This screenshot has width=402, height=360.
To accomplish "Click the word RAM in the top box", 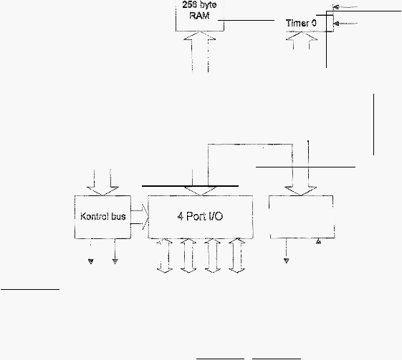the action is (x=199, y=15).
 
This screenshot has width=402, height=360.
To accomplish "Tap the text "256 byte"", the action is (x=199, y=5).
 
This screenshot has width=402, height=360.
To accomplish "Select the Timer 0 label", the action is (x=301, y=23).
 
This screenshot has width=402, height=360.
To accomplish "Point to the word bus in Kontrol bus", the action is (x=118, y=217).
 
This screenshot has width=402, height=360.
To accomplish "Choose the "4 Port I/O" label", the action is (x=200, y=216).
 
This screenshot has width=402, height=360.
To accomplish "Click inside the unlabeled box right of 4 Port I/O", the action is (x=302, y=217).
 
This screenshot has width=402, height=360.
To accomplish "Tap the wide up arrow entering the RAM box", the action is (x=200, y=52).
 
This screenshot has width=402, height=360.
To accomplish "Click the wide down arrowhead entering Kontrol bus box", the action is (x=102, y=191).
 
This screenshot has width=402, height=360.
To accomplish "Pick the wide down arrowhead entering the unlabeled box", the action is (x=300, y=191).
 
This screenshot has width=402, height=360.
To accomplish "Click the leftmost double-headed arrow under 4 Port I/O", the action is (x=165, y=256).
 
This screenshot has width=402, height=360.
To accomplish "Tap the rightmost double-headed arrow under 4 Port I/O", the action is (x=237, y=256).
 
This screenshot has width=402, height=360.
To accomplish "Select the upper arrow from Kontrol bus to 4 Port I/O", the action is (x=140, y=210).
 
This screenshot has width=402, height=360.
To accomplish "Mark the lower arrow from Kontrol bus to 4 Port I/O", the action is (x=140, y=224).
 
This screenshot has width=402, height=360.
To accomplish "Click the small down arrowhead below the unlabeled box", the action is (x=287, y=261).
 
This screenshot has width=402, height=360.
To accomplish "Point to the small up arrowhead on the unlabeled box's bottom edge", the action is (x=318, y=241).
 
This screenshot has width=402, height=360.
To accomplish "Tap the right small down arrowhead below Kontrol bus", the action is (x=115, y=261).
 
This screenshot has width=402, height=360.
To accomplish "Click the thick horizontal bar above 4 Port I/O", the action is (x=190, y=186).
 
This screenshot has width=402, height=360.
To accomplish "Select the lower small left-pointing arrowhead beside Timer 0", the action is (x=337, y=24).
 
